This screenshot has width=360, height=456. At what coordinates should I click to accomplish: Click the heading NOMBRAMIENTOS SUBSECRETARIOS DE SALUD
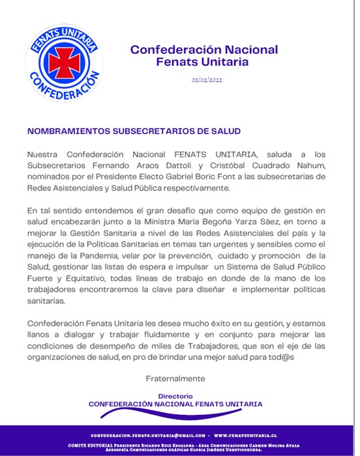point(134,130)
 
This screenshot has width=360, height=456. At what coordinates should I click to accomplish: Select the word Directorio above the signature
point(175,396)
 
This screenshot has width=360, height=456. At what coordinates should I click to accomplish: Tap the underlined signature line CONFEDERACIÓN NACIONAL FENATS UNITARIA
point(175,404)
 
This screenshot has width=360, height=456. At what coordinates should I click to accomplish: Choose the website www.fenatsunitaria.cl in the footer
point(247,435)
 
